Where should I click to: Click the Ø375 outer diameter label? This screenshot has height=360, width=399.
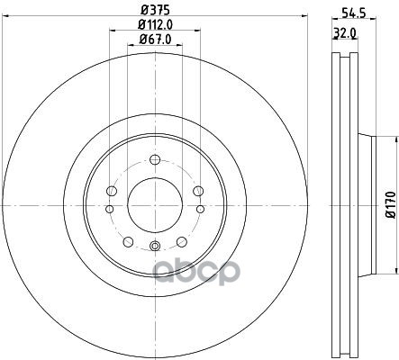[x=155, y=10]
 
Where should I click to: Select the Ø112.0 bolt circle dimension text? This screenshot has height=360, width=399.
[x=155, y=24]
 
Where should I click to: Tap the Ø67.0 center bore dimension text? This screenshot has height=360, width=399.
[x=155, y=39]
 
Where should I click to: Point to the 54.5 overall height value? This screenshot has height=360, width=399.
[x=353, y=13]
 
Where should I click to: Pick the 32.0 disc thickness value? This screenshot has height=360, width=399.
[x=345, y=32]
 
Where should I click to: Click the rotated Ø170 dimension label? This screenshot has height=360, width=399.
[x=391, y=205]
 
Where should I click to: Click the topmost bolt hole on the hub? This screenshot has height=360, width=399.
[x=155, y=159]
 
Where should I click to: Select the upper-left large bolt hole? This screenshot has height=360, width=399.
[x=112, y=191]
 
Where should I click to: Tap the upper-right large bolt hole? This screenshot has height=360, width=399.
[x=198, y=191]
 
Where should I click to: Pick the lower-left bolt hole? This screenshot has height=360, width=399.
[x=128, y=241]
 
